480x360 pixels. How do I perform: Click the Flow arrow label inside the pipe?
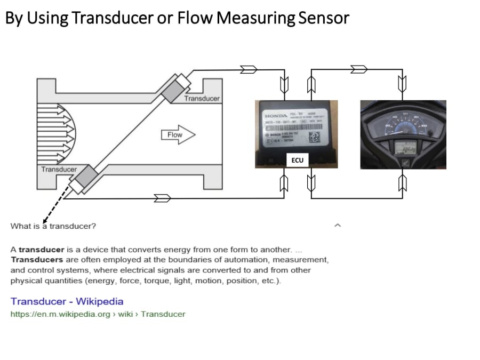tap(175, 135)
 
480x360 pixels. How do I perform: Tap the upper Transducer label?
tap(202, 98)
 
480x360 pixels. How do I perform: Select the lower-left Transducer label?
tap(59, 170)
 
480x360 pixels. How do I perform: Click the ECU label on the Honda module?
tap(297, 159)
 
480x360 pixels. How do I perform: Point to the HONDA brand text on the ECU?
tap(276, 116)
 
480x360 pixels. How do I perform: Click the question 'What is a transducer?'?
tap(53, 226)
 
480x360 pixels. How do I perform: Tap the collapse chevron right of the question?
tap(337, 226)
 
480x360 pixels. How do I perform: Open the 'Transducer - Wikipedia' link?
tap(67, 301)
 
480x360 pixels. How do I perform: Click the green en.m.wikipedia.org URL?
tap(98, 314)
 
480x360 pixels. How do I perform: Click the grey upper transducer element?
tap(172, 90)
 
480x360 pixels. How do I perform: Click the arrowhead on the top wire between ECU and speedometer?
tap(358, 69)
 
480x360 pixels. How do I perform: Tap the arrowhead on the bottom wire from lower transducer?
tap(162, 198)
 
